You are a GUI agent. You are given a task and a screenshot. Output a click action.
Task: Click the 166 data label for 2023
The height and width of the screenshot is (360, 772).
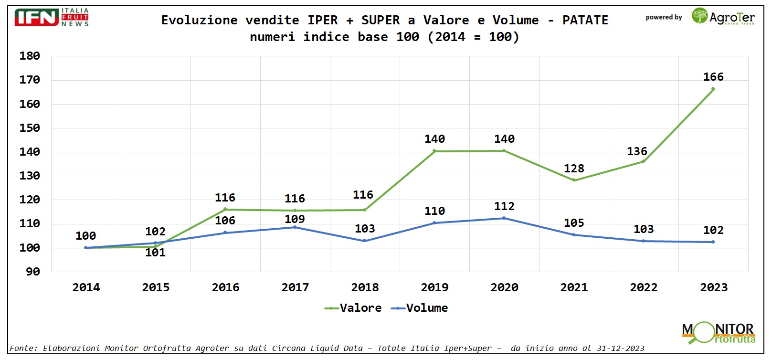713,77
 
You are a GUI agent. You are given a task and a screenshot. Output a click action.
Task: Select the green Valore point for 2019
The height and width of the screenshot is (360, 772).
434,151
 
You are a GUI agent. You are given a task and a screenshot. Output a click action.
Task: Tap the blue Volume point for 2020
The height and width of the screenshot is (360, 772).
504,218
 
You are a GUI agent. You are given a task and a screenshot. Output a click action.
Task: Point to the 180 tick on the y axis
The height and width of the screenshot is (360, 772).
30,56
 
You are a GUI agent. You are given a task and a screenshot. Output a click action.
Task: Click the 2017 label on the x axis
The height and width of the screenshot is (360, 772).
295,287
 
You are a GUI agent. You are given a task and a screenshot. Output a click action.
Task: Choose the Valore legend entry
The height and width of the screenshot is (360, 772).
353,308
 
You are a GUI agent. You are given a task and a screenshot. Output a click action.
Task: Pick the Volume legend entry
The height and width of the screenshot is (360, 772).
420,308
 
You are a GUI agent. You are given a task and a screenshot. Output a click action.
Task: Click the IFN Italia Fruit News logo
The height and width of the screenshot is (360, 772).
52,18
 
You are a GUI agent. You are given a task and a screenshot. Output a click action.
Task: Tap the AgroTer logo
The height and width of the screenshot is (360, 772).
723,17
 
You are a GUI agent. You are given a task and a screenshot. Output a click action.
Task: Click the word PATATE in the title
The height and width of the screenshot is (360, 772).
585,20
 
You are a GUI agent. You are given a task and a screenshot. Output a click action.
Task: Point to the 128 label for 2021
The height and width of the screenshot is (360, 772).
574,169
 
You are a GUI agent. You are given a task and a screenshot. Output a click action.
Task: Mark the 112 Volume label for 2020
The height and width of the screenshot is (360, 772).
504,206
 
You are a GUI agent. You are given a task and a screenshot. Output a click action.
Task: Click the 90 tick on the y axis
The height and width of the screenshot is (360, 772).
33,272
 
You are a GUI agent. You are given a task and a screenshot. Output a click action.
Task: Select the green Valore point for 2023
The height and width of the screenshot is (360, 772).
713,89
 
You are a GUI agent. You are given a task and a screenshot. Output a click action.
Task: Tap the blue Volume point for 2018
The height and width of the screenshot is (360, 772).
365,241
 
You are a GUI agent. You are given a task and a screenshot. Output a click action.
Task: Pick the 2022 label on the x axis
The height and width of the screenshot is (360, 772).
644,287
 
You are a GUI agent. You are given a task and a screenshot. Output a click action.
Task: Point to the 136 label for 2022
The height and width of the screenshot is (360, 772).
637,151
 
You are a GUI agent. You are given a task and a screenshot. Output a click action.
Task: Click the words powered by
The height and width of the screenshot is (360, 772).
664,18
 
